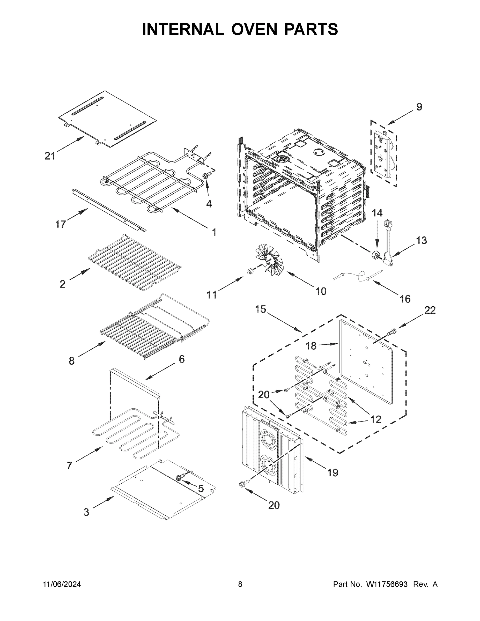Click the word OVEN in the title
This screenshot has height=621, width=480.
254,29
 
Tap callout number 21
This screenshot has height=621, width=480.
50,156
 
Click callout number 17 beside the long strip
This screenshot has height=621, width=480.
60,224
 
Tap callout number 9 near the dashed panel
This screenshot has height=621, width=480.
419,107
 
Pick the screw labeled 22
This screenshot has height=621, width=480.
392,331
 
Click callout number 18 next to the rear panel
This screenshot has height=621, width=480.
311,346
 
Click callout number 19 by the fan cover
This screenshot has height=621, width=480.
333,472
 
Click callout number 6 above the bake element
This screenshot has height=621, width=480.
182,359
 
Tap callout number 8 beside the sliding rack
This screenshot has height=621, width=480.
71,361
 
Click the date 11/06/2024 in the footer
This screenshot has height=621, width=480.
62,584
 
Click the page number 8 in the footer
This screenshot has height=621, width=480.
240,584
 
